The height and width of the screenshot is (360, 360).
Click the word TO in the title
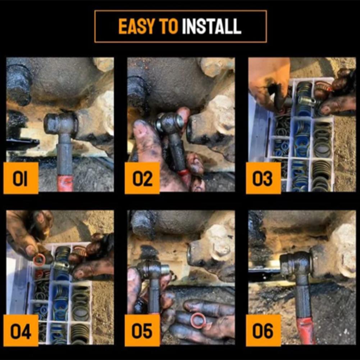169,26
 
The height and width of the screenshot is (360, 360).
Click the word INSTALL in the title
211,26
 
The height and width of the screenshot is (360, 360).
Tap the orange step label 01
21,178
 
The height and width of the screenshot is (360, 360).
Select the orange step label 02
142,178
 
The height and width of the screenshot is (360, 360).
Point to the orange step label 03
263,178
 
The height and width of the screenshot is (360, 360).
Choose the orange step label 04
21,331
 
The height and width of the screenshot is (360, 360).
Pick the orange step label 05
142,331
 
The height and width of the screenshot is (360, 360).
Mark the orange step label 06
263,331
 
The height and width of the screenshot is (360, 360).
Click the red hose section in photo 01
65,183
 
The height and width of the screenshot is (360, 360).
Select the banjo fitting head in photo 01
61,124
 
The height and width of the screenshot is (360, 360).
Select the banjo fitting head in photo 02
169,123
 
